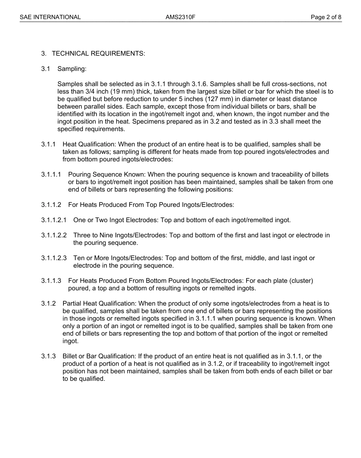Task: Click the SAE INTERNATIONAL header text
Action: point(50,17)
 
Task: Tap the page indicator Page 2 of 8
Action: point(326,17)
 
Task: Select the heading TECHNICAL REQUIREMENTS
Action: point(98,54)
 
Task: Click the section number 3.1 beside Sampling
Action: point(46,69)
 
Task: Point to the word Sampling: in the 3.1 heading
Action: point(72,69)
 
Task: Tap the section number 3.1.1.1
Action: point(51,175)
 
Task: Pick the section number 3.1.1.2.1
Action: point(54,220)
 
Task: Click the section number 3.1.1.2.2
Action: point(54,235)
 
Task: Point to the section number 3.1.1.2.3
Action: point(54,258)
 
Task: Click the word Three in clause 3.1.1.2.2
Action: point(81,235)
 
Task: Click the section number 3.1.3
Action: point(49,356)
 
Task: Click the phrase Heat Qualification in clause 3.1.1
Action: point(89,144)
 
